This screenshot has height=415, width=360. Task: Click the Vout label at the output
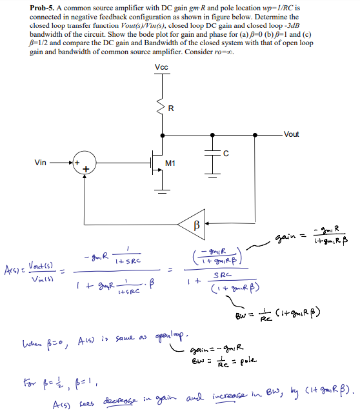tap(291, 134)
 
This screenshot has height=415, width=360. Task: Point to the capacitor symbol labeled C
tap(211, 154)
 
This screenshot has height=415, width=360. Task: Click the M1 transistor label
tap(171, 163)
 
